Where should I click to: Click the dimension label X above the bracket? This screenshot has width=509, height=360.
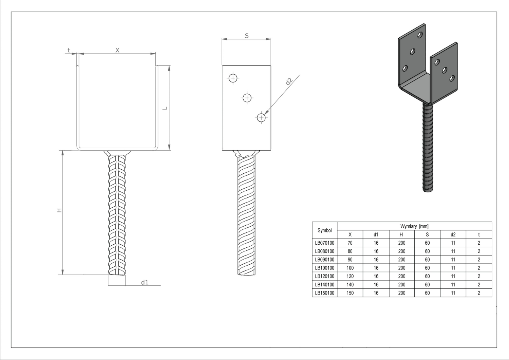(117, 50)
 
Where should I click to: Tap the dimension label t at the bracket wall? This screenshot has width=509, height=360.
(69, 50)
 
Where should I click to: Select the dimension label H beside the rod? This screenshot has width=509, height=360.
(59, 210)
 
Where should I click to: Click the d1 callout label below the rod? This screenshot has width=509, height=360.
(145, 282)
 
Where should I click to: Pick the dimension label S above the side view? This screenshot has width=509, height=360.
(247, 36)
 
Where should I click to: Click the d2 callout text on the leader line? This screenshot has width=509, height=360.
(289, 81)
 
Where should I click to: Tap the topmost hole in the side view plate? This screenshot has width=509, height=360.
(233, 78)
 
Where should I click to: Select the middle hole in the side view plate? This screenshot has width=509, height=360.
(247, 98)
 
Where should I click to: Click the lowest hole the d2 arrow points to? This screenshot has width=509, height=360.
(261, 118)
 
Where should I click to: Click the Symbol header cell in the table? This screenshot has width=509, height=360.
(324, 230)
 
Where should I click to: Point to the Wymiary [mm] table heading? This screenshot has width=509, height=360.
(414, 226)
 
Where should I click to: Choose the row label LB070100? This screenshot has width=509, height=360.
(324, 243)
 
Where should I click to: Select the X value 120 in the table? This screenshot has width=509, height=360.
(350, 276)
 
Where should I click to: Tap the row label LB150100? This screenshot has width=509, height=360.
(324, 293)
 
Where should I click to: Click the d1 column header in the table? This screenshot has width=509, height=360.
(376, 234)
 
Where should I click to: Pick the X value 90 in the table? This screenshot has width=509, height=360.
(350, 260)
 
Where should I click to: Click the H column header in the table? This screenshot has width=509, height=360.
(401, 234)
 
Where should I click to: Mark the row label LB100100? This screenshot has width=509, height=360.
(324, 268)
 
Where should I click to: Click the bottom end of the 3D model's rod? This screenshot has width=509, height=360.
(428, 191)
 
